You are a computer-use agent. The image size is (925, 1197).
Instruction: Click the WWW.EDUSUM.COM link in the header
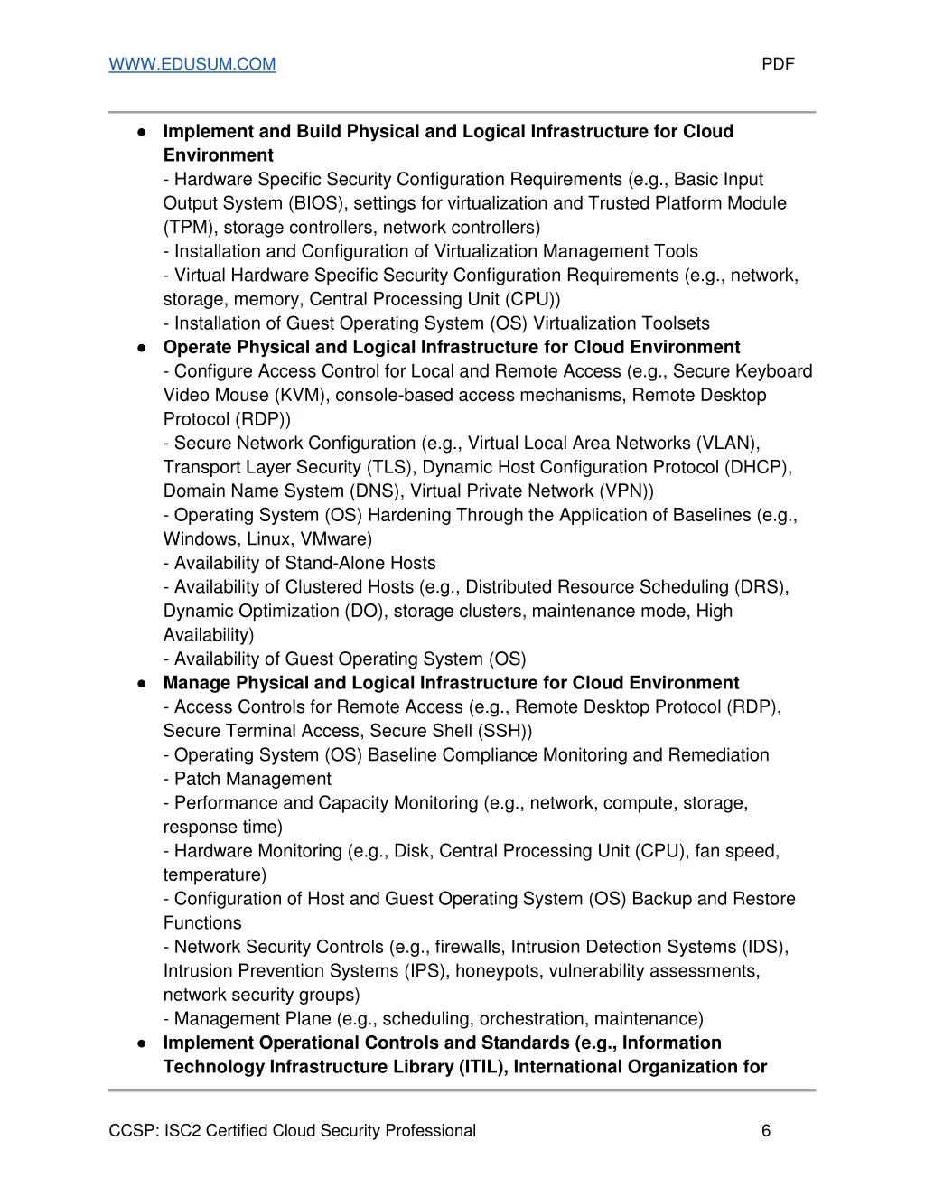[192, 64]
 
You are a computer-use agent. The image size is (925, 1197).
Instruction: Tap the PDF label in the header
[778, 64]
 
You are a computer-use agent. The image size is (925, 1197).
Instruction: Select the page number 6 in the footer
[766, 1131]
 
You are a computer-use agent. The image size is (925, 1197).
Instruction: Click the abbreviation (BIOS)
[318, 203]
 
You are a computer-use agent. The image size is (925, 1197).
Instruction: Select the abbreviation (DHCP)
[758, 467]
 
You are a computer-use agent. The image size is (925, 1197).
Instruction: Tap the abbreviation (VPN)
[626, 491]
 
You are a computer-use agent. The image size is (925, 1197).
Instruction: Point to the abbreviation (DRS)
[761, 587]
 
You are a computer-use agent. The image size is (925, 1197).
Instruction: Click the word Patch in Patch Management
[199, 779]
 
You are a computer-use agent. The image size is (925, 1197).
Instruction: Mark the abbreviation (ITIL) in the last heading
[483, 1067]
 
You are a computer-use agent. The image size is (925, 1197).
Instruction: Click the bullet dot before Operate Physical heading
[142, 348]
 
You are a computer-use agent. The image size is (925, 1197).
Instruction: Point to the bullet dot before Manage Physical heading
[142, 684]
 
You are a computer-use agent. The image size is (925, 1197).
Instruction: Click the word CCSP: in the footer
[133, 1131]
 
